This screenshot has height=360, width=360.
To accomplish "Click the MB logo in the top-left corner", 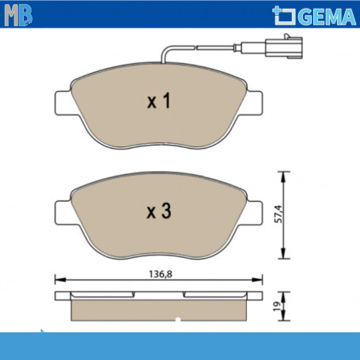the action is pos(18,15).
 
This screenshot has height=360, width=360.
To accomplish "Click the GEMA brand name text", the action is pos(328,17).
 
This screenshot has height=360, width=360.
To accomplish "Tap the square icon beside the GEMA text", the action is pos(284,16).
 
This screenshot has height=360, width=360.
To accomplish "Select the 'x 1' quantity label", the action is pos(159,100).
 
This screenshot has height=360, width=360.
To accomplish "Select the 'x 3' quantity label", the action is pos(159,210).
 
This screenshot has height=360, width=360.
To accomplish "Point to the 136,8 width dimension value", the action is pos(161,275).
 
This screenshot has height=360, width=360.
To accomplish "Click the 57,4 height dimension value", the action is pos(278,214).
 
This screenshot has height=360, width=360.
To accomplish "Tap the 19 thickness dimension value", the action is pos(277,306).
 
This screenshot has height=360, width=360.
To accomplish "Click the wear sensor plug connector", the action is pos(284,47).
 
